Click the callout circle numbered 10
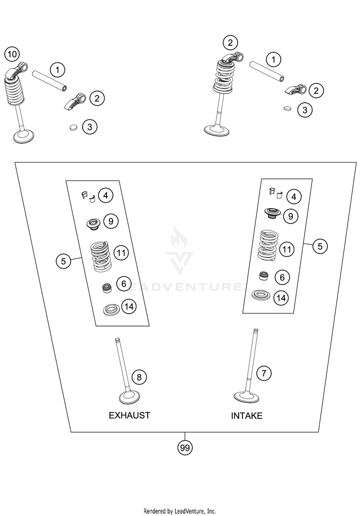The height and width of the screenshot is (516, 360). tap(12, 54)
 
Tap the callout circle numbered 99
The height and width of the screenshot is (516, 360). tap(185, 448)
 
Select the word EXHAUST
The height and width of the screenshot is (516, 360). tap(129, 415)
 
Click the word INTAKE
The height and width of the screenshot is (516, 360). tap(247, 415)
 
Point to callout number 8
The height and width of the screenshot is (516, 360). tap(139, 377)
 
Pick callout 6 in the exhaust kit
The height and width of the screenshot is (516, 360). tap(124, 284)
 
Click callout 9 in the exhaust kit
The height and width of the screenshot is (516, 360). tap(110, 221)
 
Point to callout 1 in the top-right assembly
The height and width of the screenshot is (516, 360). tap(274, 60)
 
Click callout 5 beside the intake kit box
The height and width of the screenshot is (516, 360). tap(320, 246)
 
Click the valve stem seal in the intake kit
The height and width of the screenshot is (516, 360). tap(263, 277)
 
